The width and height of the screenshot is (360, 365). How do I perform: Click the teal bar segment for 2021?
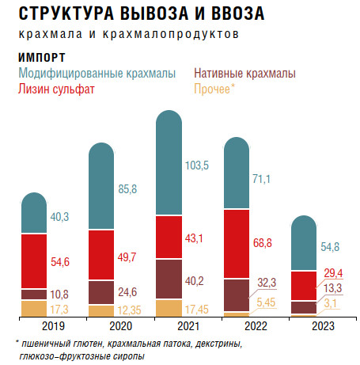click(169, 162)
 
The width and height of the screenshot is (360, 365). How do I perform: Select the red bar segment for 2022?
click(237, 244)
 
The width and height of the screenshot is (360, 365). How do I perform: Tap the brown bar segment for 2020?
click(101, 292)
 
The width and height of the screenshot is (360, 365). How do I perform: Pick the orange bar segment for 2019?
click(34, 309)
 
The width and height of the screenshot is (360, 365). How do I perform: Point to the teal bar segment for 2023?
click(304, 243)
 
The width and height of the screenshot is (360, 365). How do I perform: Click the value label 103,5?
click(197, 165)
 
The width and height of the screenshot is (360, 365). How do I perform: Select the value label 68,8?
click(262, 243)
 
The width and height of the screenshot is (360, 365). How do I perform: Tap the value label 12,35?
click(129, 310)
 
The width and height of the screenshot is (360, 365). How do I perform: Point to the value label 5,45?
click(266, 302)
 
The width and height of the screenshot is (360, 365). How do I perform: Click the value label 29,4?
click(333, 273)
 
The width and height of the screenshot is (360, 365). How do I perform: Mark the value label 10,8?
click(59, 295)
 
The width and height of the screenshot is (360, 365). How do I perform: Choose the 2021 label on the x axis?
click(188, 326)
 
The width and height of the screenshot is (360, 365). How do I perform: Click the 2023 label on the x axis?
click(323, 326)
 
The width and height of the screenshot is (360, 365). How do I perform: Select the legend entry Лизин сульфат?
click(56, 89)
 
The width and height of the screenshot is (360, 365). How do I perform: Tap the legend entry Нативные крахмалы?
click(244, 74)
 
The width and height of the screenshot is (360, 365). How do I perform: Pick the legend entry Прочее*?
click(214, 89)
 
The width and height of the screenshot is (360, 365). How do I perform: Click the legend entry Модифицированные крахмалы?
click(97, 74)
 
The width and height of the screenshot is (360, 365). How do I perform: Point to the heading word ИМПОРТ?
click(42, 58)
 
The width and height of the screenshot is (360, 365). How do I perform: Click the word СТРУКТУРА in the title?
click(66, 13)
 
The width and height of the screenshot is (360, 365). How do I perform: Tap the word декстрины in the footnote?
click(218, 344)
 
